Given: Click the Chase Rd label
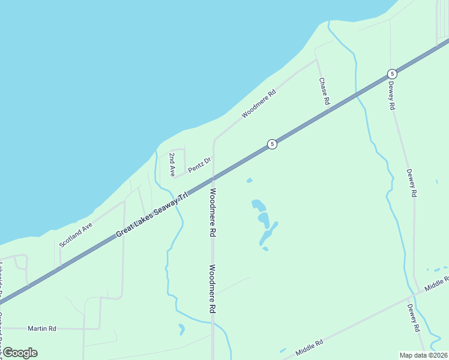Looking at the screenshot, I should [324, 92].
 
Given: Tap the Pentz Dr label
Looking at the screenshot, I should [200, 164].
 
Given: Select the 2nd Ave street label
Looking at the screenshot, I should [172, 164].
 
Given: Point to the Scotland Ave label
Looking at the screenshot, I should [76, 235].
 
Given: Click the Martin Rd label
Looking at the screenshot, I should [42, 328].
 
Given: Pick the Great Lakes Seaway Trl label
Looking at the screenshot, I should [152, 213].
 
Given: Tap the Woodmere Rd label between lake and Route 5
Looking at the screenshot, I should [259, 104].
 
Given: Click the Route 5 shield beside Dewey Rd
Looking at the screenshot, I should [392, 73].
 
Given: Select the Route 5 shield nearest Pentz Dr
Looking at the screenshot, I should [272, 144].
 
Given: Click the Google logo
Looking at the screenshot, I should [19, 353].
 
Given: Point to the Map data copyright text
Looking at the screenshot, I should [424, 355].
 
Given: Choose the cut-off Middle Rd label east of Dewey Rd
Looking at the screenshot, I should [437, 284].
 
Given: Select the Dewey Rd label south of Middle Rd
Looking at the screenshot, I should [413, 318].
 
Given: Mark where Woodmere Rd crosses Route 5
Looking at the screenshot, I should [213, 178].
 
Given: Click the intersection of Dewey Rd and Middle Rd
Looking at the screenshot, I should [410, 295].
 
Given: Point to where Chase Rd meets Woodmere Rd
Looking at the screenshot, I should [316, 59].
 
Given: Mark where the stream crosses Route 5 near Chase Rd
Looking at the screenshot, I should [358, 93].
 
